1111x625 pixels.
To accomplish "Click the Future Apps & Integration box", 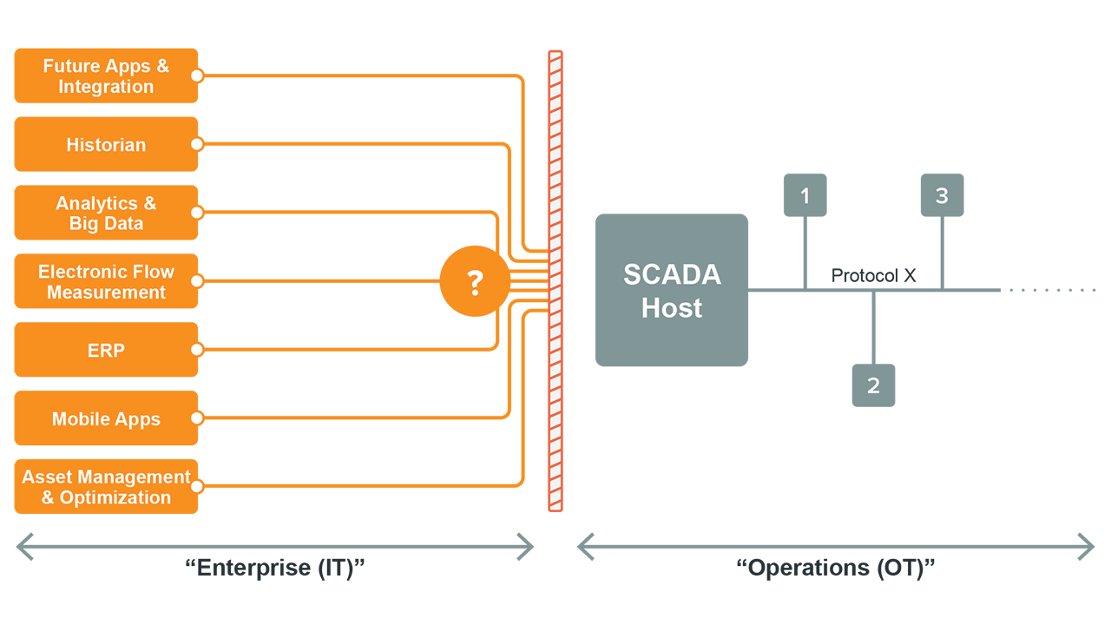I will pyautogui.click(x=106, y=76).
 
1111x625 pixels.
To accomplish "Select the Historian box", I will pyautogui.click(x=106, y=145).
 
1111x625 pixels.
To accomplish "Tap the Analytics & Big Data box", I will pyautogui.click(x=106, y=213).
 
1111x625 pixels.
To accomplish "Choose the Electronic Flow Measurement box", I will pyautogui.click(x=106, y=281).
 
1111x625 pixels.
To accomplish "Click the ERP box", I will pyautogui.click(x=106, y=350).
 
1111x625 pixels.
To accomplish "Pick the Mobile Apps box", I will pyautogui.click(x=106, y=418).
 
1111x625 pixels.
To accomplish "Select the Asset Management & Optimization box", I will pyautogui.click(x=106, y=487).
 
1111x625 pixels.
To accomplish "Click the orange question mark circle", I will pyautogui.click(x=474, y=282).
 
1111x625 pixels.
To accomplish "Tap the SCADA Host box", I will pyautogui.click(x=671, y=290).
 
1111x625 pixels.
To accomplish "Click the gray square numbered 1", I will pyautogui.click(x=805, y=195).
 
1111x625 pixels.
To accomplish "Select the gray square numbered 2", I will pyautogui.click(x=873, y=385).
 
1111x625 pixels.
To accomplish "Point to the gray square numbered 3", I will pyautogui.click(x=942, y=195).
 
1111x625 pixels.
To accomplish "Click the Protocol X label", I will pyautogui.click(x=873, y=275).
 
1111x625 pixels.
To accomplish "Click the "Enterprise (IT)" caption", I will pyautogui.click(x=275, y=569).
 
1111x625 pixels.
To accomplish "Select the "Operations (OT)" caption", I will pyautogui.click(x=836, y=569).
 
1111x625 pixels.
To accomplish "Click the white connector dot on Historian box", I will pyautogui.click(x=197, y=145).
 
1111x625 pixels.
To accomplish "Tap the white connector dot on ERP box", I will pyautogui.click(x=197, y=350).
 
